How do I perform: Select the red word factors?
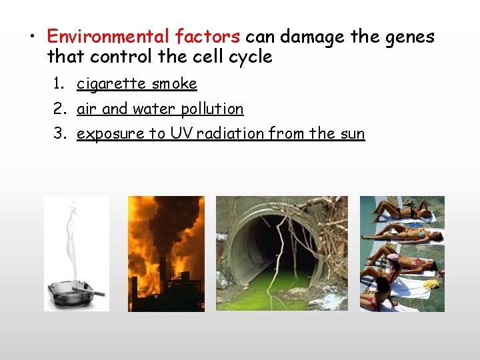point(209,36)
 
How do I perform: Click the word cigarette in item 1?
point(111,84)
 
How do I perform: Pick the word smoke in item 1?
point(175,84)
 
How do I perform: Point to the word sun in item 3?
point(352,133)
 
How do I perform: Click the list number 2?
point(60,109)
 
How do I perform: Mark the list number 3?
point(60,133)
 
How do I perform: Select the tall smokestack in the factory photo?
point(162,280)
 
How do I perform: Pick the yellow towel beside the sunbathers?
point(431,283)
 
